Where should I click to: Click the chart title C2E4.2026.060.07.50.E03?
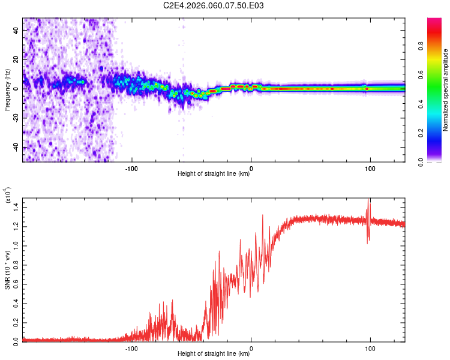[214, 5]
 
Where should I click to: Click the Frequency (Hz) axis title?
[7, 90]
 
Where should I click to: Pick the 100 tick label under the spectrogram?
[370, 168]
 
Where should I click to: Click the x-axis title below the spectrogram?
[214, 174]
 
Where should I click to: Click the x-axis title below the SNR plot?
[214, 354]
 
